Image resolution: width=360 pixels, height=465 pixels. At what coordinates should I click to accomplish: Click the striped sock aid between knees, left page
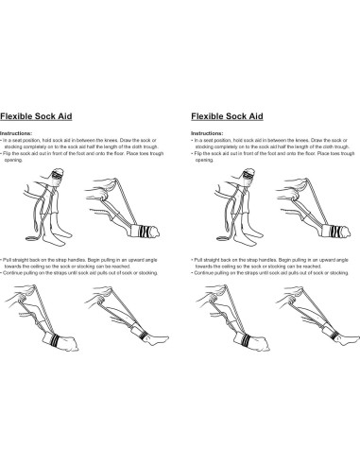tap(42, 178)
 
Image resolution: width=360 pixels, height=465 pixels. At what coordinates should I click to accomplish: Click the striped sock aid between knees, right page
tap(226, 178)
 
